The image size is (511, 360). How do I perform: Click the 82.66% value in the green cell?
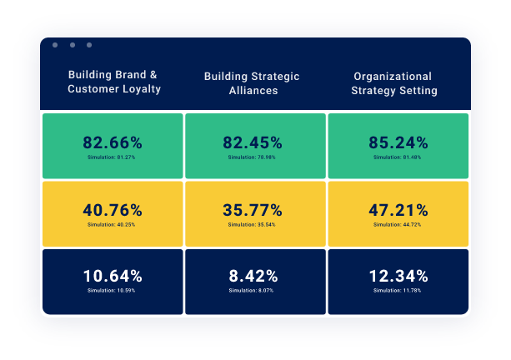(x=113, y=142)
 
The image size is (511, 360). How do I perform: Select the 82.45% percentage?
(x=253, y=142)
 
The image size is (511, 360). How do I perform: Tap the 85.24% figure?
(x=398, y=142)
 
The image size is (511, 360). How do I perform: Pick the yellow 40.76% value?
(x=113, y=210)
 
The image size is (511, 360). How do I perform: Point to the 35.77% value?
(x=253, y=210)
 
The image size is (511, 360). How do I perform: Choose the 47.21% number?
(x=398, y=210)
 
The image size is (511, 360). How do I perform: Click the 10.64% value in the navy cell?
(x=113, y=276)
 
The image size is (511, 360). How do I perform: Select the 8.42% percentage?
(x=253, y=276)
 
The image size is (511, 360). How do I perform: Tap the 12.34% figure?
(x=398, y=276)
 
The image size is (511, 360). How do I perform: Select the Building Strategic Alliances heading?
(x=252, y=83)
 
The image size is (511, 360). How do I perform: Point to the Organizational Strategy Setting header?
(x=394, y=83)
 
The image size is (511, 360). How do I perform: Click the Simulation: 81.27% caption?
(x=112, y=157)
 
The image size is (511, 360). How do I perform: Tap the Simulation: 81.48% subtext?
(x=398, y=157)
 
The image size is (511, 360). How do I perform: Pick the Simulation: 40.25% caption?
(x=112, y=224)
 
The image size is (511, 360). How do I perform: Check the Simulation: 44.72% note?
(x=398, y=224)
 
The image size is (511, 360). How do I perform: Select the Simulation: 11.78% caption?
(x=398, y=290)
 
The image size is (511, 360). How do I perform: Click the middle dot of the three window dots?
(x=73, y=45)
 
